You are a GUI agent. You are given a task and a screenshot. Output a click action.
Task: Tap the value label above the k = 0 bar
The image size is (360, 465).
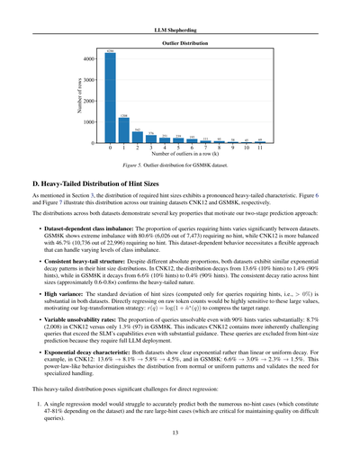click(x=110, y=51)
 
